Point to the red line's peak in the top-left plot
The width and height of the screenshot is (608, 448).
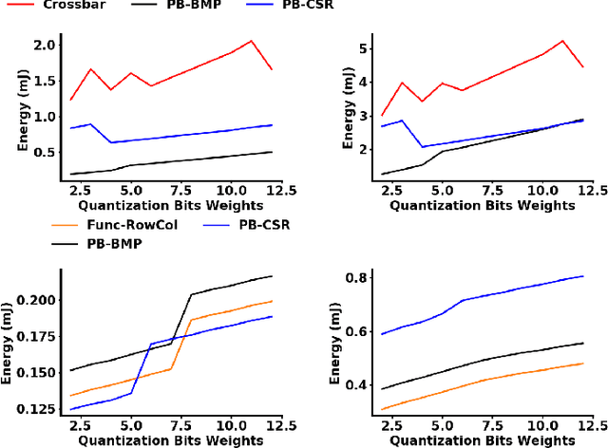coord(251,41)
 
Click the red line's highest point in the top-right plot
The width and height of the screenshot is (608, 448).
coord(562,41)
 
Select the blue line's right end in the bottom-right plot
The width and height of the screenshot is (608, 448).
coord(582,276)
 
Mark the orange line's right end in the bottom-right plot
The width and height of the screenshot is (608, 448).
coord(582,363)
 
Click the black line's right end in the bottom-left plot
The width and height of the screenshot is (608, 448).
coord(272,276)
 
